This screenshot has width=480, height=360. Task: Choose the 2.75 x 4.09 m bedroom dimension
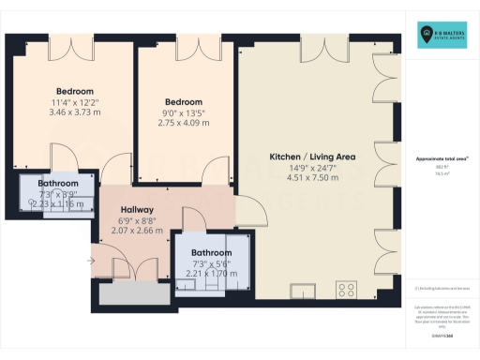184,123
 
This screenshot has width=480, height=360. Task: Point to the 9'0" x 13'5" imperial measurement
184,112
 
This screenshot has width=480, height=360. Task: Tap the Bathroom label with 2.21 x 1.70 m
211,253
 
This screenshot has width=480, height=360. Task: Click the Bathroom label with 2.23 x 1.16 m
57,183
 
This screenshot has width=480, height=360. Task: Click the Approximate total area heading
442,158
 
